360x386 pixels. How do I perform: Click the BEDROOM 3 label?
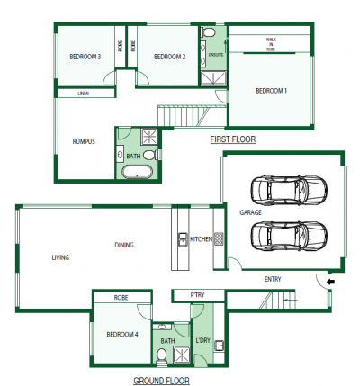[85, 57]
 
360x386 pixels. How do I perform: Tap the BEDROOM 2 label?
[169, 57]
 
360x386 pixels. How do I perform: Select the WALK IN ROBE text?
[271, 44]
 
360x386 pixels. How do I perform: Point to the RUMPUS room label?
[84, 141]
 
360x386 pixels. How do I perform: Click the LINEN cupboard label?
[84, 94]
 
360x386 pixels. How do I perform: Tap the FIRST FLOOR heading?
[233, 139]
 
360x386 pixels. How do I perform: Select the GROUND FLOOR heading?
[161, 381]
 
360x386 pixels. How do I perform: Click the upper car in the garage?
[289, 191]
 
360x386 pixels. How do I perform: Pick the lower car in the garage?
[289, 237]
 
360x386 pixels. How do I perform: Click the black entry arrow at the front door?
[331, 282]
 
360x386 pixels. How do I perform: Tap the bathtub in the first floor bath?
[137, 172]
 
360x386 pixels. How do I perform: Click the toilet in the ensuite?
[208, 32]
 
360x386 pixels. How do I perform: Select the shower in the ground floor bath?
[182, 355]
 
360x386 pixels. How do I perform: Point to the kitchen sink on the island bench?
[182, 239]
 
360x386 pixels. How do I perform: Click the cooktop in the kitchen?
[219, 239]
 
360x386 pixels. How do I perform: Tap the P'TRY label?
[197, 295]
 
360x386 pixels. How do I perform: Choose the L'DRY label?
[202, 340]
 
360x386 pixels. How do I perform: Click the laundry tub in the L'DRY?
[220, 346]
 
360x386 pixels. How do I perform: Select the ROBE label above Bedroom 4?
[121, 298]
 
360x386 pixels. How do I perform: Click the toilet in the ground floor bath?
[162, 356]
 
